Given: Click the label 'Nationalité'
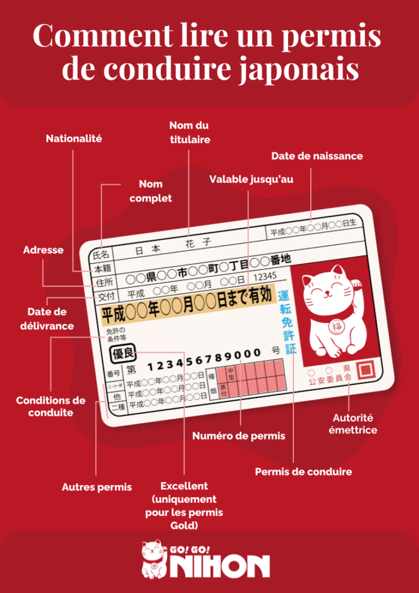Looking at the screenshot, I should coord(73,139).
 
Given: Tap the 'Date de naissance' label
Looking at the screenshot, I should coord(317,156).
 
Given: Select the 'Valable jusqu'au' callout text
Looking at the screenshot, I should coord(251,180).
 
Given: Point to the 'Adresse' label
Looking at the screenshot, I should coord(43,250).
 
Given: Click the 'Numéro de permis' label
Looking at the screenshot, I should coord(238,435).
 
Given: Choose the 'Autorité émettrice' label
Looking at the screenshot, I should coord(352,424).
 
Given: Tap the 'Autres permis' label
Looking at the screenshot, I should coord(97,487).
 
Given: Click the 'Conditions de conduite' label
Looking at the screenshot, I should coord(50,407).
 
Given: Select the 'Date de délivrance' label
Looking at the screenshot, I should coord(50,319).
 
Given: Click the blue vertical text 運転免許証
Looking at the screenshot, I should coord(286,321).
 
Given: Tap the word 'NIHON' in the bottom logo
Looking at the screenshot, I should coord(219,566).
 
